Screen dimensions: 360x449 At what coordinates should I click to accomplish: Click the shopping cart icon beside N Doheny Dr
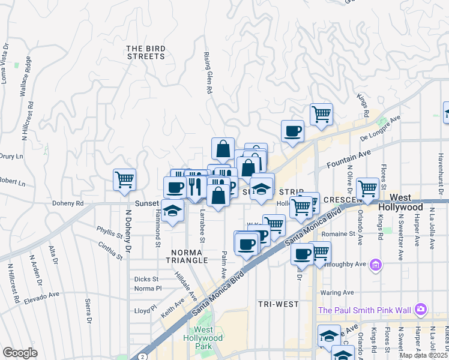124,179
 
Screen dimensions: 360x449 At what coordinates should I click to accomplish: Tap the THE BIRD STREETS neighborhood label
145,52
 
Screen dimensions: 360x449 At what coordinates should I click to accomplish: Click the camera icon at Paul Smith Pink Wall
421,309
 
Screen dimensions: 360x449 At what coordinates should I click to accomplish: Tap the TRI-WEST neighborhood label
278,304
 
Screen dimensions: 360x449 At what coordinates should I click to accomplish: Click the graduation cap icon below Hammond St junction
172,212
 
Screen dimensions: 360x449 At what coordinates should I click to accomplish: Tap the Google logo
20,353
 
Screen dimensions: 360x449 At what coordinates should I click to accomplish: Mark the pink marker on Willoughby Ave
376,264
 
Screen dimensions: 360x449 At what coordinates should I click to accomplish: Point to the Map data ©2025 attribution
423,355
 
